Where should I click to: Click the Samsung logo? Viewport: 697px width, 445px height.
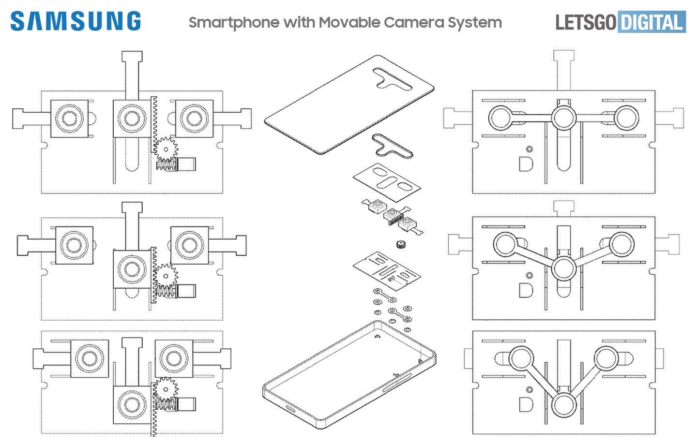76,21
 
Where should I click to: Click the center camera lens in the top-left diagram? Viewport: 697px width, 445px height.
132,118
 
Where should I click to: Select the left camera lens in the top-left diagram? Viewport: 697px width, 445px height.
69,118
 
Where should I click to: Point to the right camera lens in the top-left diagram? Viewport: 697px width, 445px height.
194,118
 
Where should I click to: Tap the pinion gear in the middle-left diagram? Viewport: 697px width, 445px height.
166,276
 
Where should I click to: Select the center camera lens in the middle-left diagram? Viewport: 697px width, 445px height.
132,269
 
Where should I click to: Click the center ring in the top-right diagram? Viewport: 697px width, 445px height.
564,118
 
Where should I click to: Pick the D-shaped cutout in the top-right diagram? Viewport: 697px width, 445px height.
526,164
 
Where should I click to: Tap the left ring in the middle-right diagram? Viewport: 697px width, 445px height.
505,244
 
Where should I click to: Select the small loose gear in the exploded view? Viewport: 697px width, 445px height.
400,244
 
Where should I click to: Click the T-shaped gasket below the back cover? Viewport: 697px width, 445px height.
391,147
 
